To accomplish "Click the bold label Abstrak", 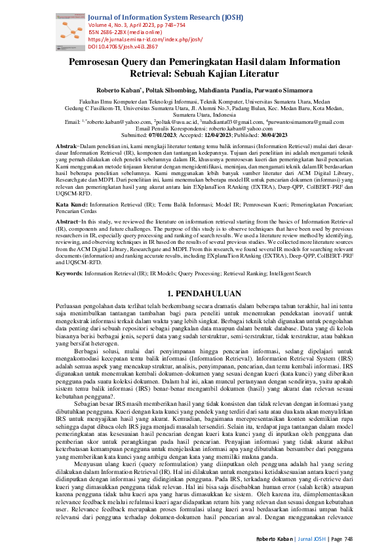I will coord(67,145).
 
